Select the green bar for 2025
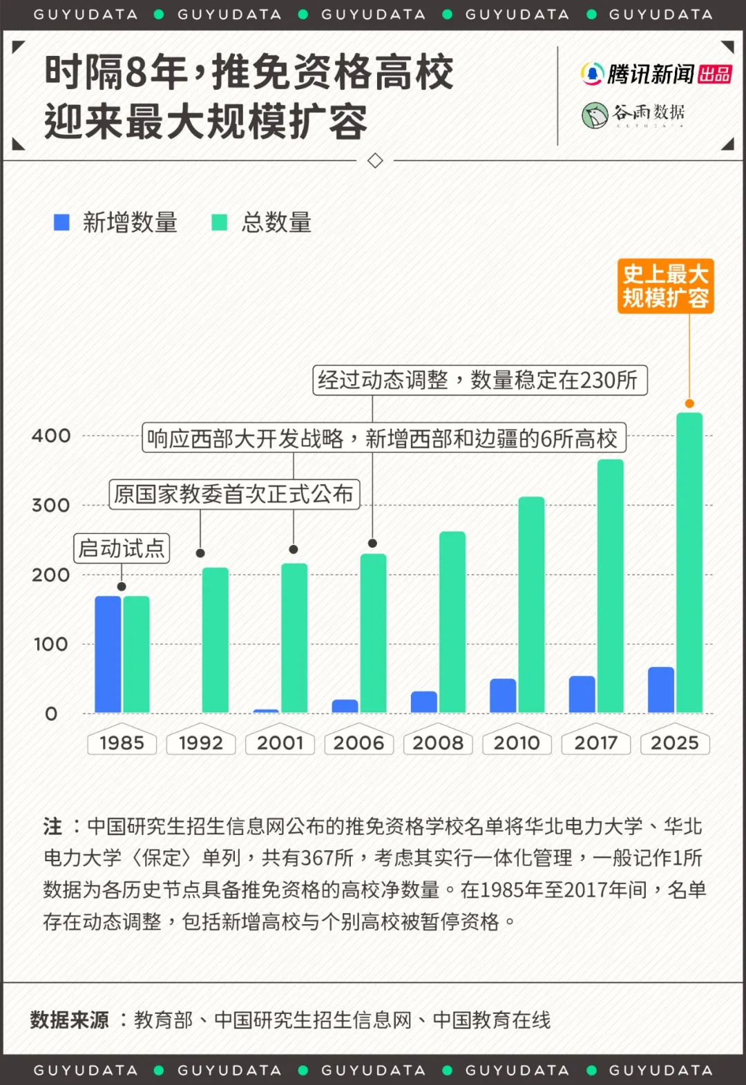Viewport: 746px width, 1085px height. point(689,562)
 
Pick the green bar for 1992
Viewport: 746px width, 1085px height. point(215,640)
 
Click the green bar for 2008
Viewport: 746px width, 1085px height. point(452,622)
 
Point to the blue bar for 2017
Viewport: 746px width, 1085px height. point(582,693)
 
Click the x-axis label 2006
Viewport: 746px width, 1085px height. point(358,742)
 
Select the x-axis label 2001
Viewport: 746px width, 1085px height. point(280,742)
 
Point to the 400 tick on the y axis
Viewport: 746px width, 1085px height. point(51,436)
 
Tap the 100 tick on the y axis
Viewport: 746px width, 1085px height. point(51,644)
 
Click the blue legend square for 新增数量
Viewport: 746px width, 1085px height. point(61,222)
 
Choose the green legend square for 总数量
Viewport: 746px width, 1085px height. point(219,222)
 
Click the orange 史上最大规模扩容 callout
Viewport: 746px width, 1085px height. point(665,286)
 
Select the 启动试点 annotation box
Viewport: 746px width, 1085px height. point(122,548)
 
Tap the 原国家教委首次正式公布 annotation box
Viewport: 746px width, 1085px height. point(234,494)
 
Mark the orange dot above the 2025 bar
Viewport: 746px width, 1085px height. point(689,403)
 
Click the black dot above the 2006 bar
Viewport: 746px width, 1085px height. point(372,543)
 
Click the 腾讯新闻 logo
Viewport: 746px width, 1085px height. point(656,74)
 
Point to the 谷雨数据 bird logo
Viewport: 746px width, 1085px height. point(594,115)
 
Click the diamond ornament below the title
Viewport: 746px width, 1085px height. point(375,161)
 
